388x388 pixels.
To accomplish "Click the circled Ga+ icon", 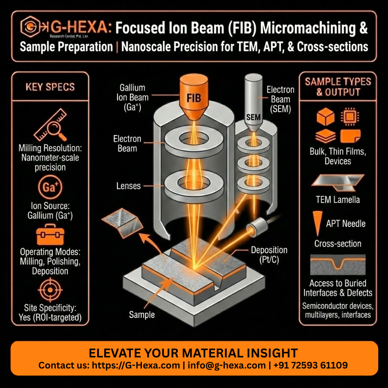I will click(49, 188).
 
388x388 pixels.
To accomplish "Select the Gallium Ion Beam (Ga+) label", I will click(133, 97).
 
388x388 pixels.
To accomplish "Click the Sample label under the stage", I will click(142, 315).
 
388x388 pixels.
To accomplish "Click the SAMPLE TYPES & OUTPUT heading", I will click(338, 87).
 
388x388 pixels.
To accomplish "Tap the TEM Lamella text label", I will click(338, 200).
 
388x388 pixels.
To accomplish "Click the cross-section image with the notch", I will click(338, 264).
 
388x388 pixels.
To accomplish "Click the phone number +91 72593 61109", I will click(310, 365).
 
